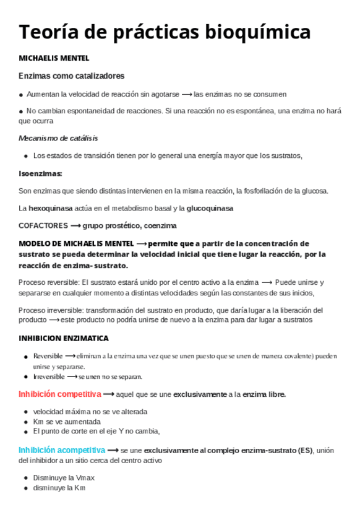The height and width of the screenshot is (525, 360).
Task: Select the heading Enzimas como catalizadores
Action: click(72, 76)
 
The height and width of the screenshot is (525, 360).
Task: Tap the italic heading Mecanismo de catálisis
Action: click(58, 138)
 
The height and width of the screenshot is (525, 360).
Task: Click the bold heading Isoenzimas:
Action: click(41, 173)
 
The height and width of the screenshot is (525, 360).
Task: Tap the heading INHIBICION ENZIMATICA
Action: click(64, 339)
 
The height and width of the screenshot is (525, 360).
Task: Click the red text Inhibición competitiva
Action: click(60, 394)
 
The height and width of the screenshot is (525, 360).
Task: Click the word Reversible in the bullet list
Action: click(48, 356)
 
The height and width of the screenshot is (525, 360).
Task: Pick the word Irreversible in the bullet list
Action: click(49, 376)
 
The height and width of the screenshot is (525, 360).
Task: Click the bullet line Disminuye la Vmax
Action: click(64, 478)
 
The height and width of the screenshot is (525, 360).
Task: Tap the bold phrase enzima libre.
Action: click(264, 394)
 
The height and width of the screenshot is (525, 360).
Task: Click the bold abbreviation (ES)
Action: click(305, 450)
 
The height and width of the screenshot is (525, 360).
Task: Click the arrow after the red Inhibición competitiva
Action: click(109, 394)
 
